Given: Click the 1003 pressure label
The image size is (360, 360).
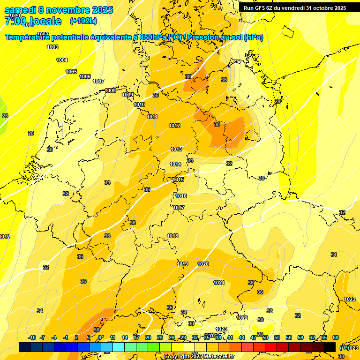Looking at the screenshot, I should click(52, 47).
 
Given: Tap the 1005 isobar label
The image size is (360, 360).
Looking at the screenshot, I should click(71, 72).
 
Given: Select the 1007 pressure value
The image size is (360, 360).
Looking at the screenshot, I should click(98, 81).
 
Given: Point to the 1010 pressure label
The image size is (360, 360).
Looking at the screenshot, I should click(139, 105).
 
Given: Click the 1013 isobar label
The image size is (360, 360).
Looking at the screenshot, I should click(176, 149).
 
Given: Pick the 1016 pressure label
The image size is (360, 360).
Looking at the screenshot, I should click(181, 196).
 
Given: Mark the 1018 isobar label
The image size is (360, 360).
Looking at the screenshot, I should click(172, 236).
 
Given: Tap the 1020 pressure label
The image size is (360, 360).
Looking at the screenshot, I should click(203, 264).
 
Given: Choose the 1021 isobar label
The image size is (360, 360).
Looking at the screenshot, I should click(219, 283).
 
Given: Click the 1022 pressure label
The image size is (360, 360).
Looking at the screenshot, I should click(242, 318).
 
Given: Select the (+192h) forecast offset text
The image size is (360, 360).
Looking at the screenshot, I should click(83, 21).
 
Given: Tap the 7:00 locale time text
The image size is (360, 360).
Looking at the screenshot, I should click(33, 21).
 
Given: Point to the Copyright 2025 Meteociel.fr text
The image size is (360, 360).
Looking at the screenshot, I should click(198, 356).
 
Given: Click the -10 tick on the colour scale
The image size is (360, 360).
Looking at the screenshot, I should click(32, 337).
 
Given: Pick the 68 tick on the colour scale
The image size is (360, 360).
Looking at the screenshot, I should click(336, 337).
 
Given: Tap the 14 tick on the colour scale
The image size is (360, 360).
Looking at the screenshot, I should click(125, 337).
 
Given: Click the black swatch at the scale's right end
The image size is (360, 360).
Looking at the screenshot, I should click(330, 347).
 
